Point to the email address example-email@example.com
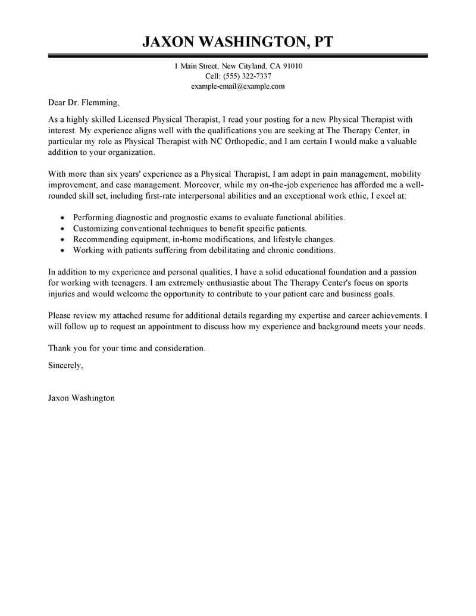tap(238, 86)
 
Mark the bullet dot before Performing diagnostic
tap(63, 218)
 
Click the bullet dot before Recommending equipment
tap(63, 240)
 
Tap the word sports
tap(403, 284)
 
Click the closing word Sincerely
tap(65, 366)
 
